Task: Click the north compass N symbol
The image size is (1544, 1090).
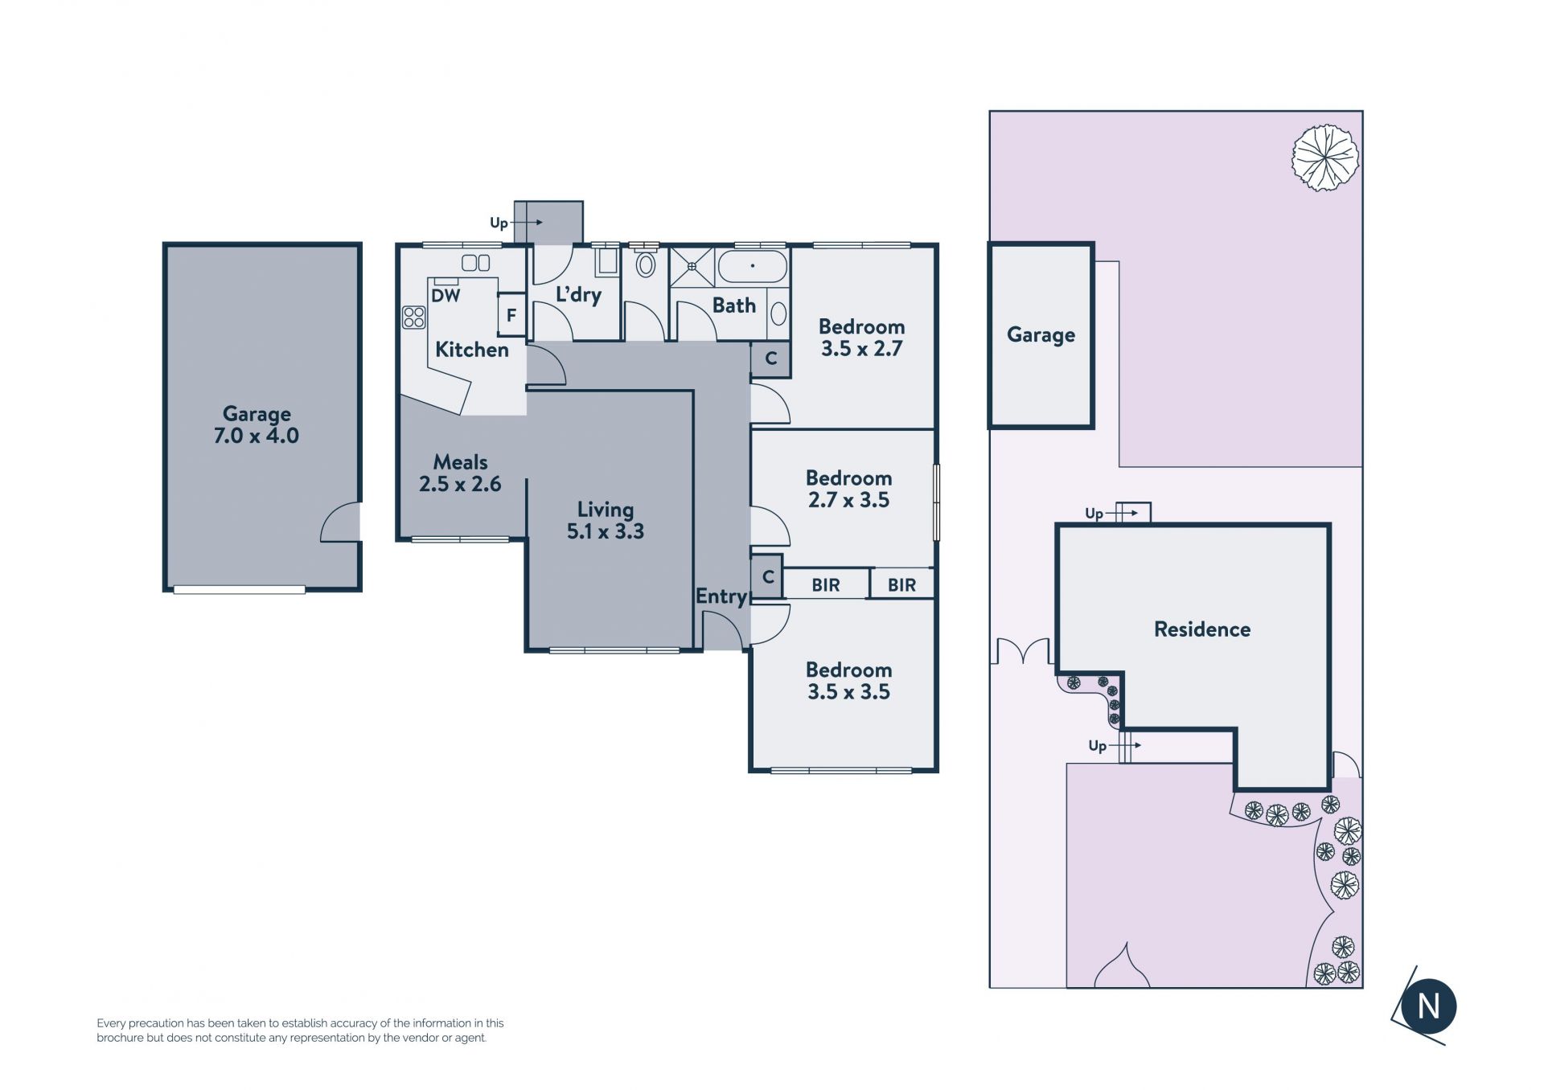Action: pos(1428,1006)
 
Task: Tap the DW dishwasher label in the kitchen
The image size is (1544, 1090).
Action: pos(446,296)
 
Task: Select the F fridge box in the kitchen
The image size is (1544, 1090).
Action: pos(511,316)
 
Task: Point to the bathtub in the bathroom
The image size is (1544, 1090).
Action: pos(752,266)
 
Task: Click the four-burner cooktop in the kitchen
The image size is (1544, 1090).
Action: pos(413,318)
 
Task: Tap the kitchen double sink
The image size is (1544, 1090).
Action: pos(475,263)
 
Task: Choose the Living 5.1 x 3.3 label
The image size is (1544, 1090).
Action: pos(606,520)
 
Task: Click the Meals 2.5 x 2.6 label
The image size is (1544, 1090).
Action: pos(460,473)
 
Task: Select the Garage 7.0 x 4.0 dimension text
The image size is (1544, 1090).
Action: pos(257,436)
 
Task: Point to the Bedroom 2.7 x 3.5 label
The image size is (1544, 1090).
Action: pos(848,489)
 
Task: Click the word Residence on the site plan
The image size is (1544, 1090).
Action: pos(1202,629)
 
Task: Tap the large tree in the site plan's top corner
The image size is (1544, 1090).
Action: pos(1325,158)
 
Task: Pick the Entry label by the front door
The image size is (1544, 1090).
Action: pos(721,597)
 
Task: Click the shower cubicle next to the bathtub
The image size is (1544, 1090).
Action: pos(692,267)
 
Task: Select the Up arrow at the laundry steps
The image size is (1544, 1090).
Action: pos(515,223)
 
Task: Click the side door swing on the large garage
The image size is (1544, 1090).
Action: pos(340,522)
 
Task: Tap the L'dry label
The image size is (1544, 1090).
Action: pos(578,294)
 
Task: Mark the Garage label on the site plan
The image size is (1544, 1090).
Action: pos(1041,335)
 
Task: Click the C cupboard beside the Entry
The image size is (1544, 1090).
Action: pos(767,577)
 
